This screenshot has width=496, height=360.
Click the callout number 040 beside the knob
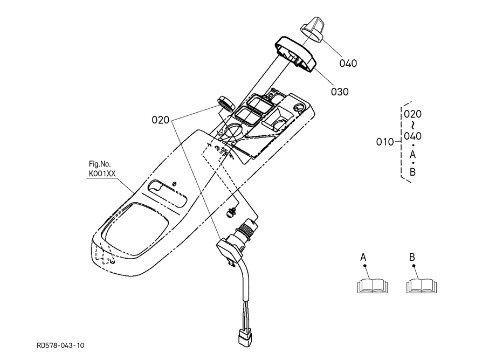(348, 63)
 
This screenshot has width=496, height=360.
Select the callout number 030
(340, 92)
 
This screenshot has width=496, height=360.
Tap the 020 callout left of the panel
(161, 120)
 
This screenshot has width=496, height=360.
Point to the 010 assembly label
(385, 142)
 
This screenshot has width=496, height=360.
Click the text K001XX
(102, 174)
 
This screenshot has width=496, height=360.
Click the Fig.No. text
(100, 164)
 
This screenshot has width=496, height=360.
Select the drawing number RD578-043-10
(61, 345)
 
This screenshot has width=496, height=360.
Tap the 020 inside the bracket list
(413, 114)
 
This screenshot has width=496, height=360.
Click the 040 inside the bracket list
(413, 136)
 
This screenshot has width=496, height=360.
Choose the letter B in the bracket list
(412, 172)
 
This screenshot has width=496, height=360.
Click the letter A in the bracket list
(412, 155)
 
